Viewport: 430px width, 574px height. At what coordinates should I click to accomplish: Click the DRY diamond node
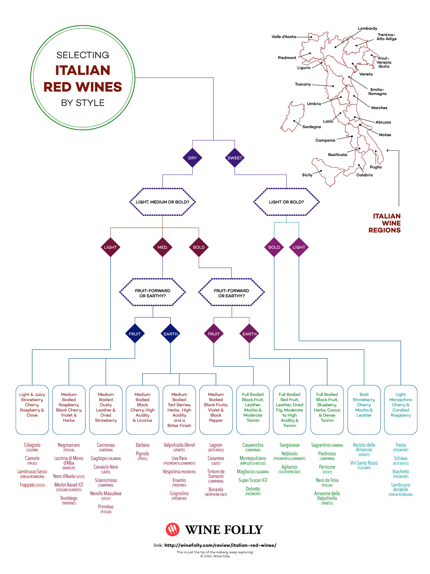tap(192, 158)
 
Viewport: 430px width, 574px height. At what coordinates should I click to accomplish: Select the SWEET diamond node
tap(235, 158)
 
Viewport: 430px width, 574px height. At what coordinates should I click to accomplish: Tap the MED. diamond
tap(162, 247)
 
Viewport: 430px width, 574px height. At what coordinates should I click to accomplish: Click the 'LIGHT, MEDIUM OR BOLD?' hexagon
tap(162, 202)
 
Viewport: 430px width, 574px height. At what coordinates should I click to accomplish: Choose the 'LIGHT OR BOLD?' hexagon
tap(286, 202)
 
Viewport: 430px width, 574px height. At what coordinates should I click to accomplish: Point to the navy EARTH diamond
tap(170, 334)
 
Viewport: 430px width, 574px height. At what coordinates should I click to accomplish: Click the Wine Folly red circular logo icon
tap(173, 529)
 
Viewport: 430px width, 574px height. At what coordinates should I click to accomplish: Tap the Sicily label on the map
tap(307, 175)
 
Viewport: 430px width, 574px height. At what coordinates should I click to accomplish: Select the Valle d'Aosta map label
tap(284, 37)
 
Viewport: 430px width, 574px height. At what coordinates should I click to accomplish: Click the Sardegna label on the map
tap(311, 127)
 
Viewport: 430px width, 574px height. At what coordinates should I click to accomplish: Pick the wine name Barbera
tap(143, 445)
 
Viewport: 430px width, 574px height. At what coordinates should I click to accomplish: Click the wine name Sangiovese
tap(289, 445)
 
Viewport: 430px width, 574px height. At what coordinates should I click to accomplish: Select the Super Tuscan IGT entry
tap(253, 480)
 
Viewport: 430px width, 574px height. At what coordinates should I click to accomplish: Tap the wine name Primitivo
tap(106, 507)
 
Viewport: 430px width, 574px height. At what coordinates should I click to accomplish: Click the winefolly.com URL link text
tap(220, 545)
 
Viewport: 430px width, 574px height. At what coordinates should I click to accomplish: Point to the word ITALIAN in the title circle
tap(83, 70)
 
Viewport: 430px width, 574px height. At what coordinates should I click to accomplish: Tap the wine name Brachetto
tap(401, 472)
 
